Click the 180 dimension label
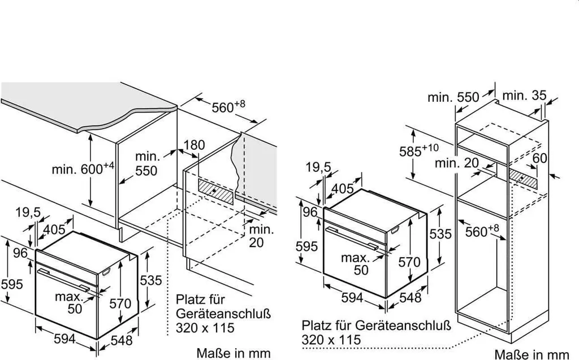click(x=194, y=145)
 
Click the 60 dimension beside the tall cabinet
click(x=539, y=158)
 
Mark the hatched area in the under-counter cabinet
click(x=215, y=190)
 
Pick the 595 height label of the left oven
click(x=11, y=283)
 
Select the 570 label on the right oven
click(x=410, y=262)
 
